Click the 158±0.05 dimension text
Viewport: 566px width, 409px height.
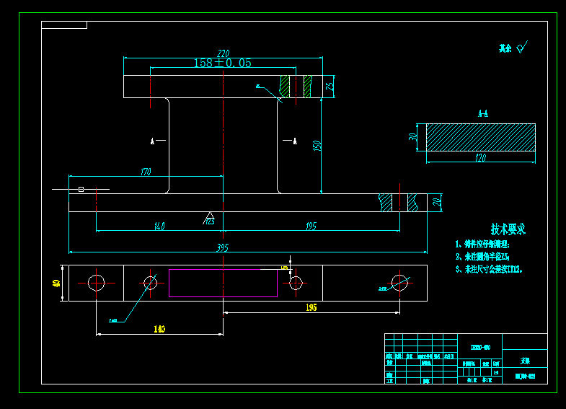coord(222,63)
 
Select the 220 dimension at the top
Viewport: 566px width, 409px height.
coord(223,53)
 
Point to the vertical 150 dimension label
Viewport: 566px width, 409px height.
coord(316,145)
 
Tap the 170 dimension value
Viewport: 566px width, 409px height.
coord(146,172)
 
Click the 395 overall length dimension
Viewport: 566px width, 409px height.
coord(223,248)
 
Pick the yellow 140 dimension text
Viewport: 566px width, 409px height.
coord(159,329)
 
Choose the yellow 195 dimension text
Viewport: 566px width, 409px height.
coord(311,307)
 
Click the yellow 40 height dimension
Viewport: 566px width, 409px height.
coord(56,283)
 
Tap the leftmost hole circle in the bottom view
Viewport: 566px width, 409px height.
coord(97,283)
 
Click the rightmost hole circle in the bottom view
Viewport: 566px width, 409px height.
coord(399,283)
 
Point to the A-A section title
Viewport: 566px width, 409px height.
coord(482,114)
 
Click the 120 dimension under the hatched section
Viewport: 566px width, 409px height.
coord(480,157)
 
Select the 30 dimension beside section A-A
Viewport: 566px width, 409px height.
coord(413,137)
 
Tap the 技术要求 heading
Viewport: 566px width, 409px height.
coord(508,229)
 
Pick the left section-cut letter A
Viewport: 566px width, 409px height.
coord(152,141)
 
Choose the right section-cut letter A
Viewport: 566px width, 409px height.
coord(294,141)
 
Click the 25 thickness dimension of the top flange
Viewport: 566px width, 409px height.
coord(330,87)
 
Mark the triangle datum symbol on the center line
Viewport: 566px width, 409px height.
coord(211,216)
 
